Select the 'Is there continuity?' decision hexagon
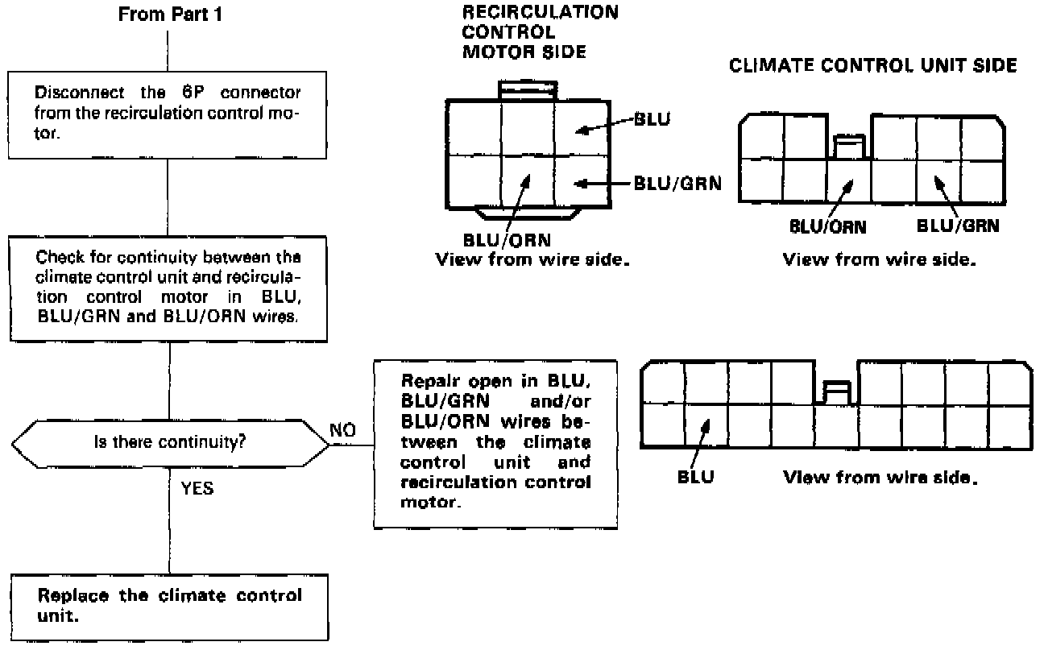[169, 442]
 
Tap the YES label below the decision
[197, 488]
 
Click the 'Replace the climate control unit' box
[169, 606]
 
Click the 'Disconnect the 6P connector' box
[168, 114]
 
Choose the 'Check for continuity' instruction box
[168, 288]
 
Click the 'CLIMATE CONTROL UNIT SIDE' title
[872, 66]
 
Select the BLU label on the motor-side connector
[652, 120]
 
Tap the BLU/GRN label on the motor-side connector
[677, 184]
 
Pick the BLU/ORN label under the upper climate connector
[827, 226]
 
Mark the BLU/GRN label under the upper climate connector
[959, 226]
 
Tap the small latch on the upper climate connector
[848, 147]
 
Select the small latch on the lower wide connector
[836, 392]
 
